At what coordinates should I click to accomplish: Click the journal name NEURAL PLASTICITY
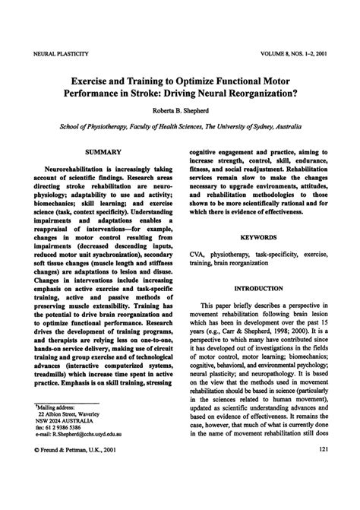(58, 55)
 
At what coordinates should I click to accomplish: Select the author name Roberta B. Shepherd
(180, 111)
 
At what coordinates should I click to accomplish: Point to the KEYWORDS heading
(258, 238)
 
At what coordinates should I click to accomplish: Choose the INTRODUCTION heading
(258, 289)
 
